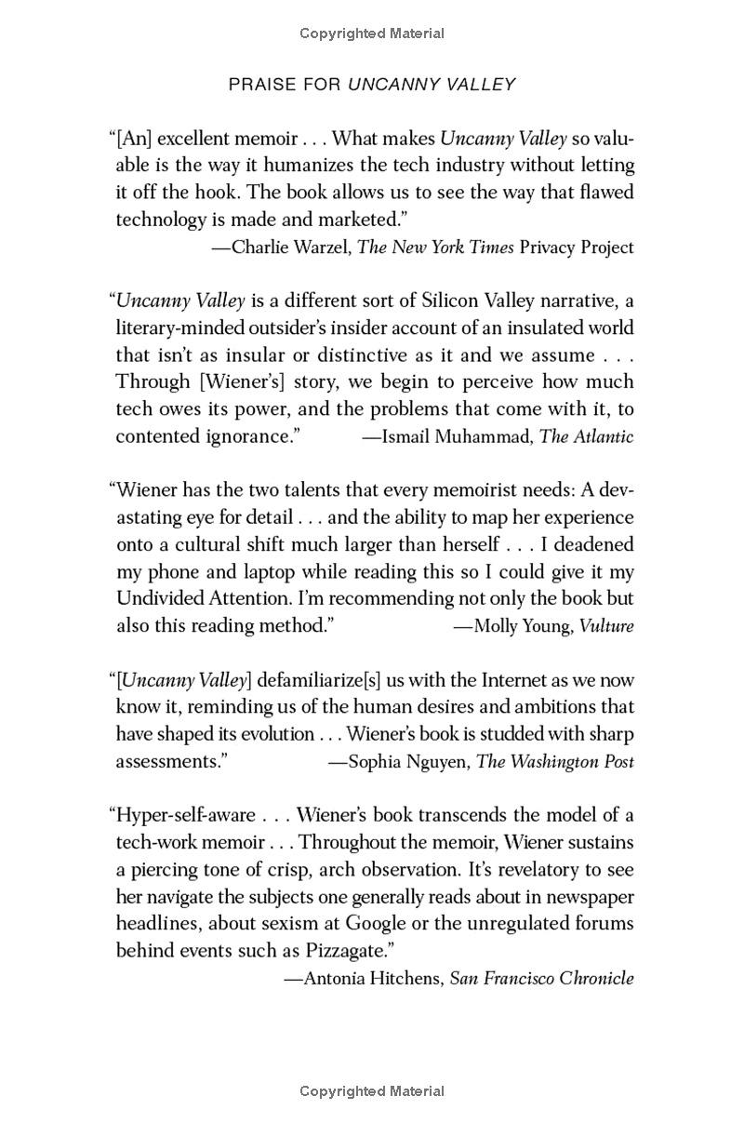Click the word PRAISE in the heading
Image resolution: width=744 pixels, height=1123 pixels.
258,85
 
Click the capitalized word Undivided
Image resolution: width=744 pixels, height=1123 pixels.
163,598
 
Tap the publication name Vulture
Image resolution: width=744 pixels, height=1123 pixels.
606,626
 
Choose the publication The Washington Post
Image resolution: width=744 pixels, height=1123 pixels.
555,762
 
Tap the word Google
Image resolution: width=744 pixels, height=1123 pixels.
376,924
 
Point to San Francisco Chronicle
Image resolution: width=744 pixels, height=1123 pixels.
541,979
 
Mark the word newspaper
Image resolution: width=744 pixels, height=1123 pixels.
578,897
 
